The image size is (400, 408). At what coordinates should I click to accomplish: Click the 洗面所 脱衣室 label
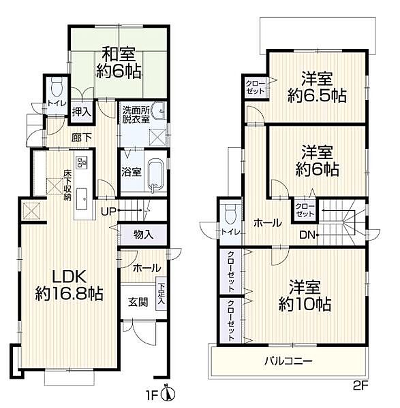coord(137,115)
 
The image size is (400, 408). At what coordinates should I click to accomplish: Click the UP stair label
coord(109,211)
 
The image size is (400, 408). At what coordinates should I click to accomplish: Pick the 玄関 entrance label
coord(134,303)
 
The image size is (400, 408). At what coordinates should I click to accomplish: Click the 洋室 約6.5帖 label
coord(316,86)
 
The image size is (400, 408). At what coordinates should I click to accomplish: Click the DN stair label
coord(308,235)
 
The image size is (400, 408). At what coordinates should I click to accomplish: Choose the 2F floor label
coord(360,385)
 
